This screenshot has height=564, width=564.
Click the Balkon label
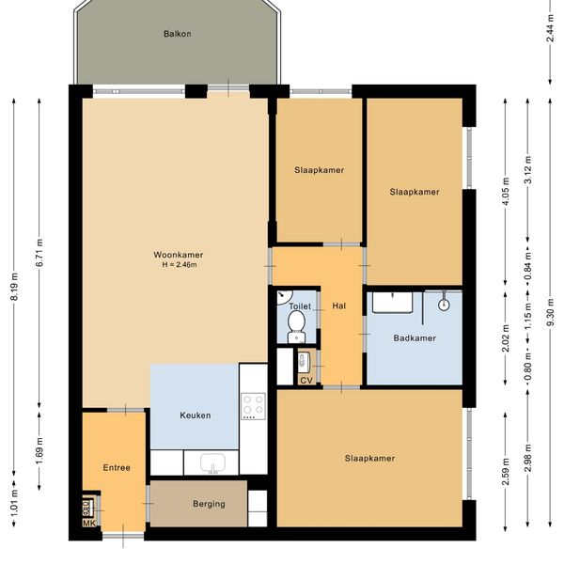(x=178, y=34)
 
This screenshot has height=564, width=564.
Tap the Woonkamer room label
(x=179, y=255)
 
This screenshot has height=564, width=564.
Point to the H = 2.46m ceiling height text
(x=180, y=265)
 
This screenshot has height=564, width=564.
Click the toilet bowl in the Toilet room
(x=297, y=326)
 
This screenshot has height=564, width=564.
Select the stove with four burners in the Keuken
(x=253, y=406)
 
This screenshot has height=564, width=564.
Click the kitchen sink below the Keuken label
(x=212, y=462)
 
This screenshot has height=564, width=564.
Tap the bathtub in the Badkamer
(x=392, y=303)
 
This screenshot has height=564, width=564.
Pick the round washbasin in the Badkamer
(x=445, y=305)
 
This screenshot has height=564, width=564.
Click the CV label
(x=306, y=380)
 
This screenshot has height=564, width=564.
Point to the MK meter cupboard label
(x=89, y=524)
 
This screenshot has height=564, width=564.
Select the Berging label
(x=209, y=504)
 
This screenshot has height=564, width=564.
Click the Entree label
(x=117, y=467)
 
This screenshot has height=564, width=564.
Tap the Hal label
(x=339, y=305)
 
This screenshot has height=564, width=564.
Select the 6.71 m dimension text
(x=39, y=253)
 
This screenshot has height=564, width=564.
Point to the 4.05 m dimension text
(x=506, y=192)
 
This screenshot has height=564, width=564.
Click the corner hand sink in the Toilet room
(x=284, y=297)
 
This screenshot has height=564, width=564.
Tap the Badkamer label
(x=415, y=338)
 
